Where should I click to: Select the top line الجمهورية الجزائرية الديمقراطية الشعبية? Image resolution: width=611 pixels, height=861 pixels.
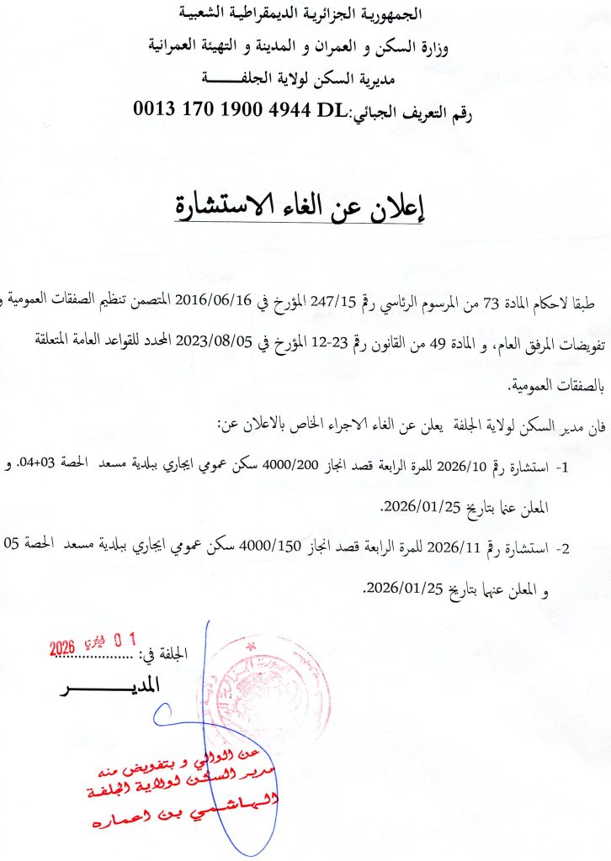tap(304, 14)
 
